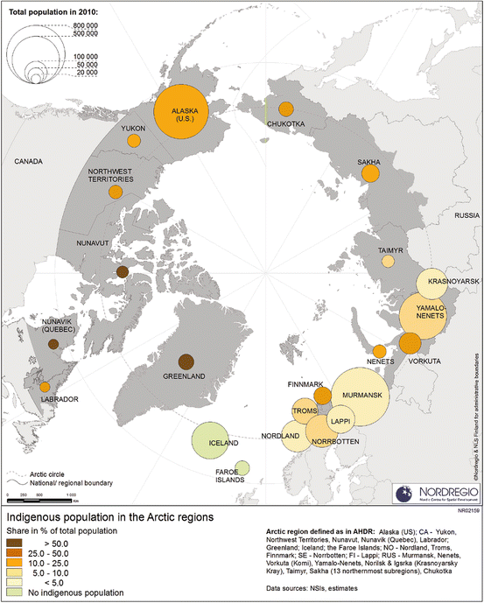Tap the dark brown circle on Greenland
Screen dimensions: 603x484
point(186,361)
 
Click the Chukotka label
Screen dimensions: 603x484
point(285,123)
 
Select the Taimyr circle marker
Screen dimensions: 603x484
point(388,260)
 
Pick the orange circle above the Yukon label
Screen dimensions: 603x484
point(134,140)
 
